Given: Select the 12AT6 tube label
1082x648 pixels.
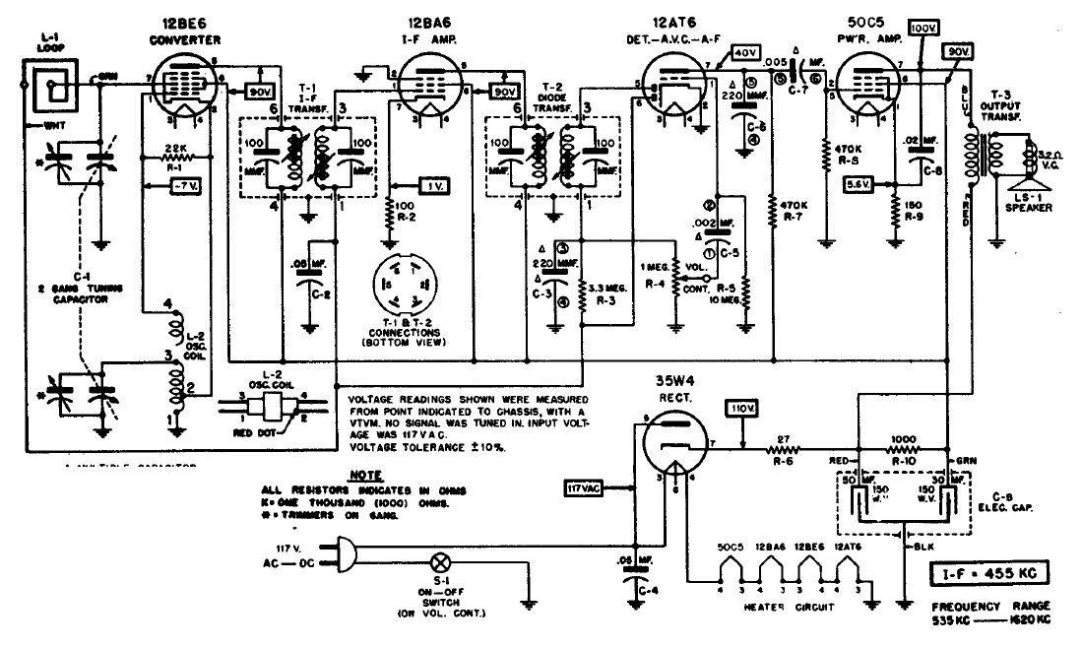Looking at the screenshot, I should pos(666,21).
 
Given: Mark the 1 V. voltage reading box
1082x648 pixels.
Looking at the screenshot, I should pos(431,186).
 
